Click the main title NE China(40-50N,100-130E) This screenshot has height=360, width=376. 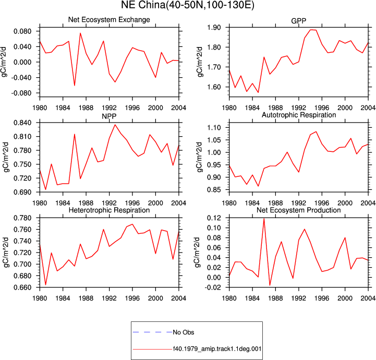point(188,5)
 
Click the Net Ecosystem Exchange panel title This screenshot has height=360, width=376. point(109,20)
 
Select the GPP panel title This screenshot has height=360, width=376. point(298,21)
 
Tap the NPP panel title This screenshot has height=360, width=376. point(109,116)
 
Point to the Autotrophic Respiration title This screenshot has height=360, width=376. point(299,115)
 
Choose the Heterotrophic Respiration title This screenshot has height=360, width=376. point(109,210)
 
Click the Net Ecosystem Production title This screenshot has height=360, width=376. point(299,210)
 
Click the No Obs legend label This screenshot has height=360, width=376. point(184,332)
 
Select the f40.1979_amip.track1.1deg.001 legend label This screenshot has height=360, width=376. point(217,349)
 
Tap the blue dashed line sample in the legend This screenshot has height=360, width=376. point(152,332)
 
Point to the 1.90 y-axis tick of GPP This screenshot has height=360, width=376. point(214,27)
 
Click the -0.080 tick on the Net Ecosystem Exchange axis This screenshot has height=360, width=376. point(21,93)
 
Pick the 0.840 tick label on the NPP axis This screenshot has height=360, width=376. point(22,123)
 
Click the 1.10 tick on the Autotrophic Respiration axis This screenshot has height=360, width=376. point(214,128)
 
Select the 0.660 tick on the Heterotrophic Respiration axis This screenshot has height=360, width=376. point(22,287)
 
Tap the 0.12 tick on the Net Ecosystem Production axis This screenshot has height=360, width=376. point(214,218)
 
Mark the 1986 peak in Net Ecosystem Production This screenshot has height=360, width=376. point(264,219)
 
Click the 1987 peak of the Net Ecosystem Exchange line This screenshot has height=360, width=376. point(80,33)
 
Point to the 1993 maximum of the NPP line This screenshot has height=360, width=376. point(115,125)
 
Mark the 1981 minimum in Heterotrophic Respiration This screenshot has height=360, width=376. point(45,285)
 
